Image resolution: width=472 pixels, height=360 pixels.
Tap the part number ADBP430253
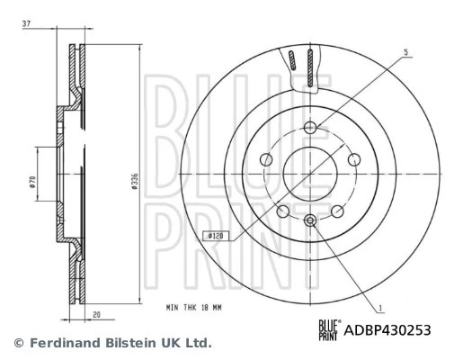click(388, 330)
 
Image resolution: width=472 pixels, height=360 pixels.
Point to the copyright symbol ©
click(16, 343)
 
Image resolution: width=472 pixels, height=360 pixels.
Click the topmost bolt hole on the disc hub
click(310, 127)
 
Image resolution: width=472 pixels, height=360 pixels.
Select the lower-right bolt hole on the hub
click(338, 211)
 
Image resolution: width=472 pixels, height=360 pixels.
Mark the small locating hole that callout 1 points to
click(310, 220)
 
